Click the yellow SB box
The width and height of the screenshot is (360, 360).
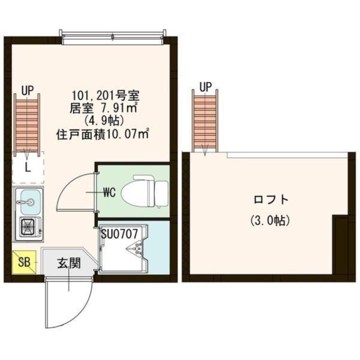point(24,262)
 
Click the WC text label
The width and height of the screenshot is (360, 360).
point(109,193)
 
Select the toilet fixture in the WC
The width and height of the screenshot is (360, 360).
point(144,191)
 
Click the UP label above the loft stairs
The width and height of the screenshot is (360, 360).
point(205,86)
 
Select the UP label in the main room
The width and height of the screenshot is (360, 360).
point(28,91)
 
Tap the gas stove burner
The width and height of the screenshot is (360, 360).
point(28,226)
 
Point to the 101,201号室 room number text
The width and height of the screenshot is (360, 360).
point(106,95)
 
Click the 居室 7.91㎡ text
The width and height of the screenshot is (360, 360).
point(105,108)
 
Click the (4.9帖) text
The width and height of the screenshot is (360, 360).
point(106,121)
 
